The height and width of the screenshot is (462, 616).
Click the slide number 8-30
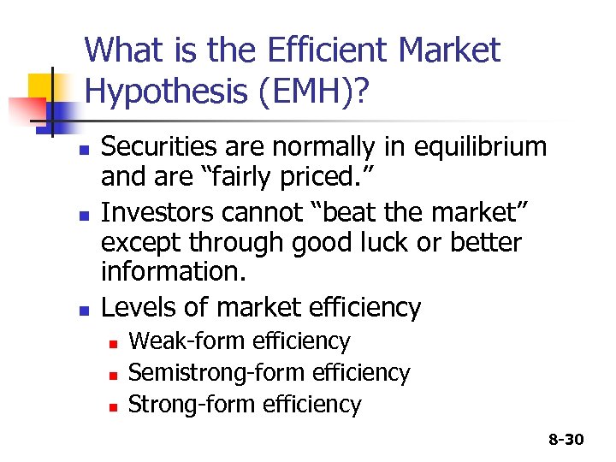point(566,440)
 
